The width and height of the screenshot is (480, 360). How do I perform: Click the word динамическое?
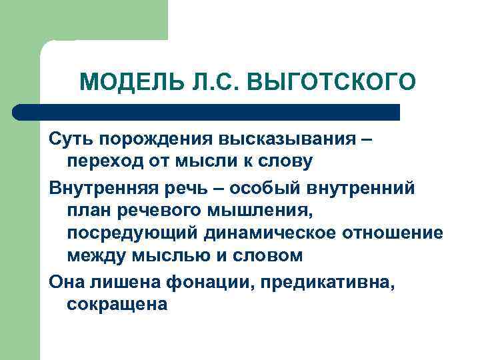point(265,233)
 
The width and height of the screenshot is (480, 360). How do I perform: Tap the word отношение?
point(393,233)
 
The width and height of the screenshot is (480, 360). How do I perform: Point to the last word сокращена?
point(117,305)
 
